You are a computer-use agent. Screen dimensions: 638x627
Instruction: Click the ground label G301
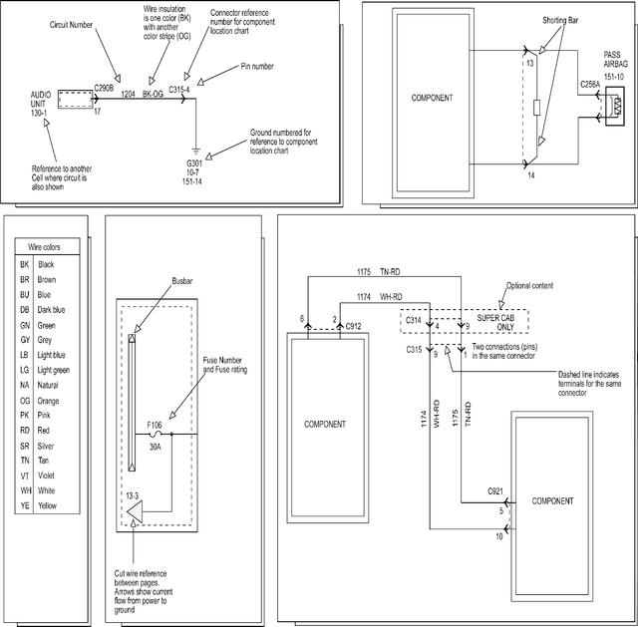[194, 163]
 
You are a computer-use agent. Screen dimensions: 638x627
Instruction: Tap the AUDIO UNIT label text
[41, 100]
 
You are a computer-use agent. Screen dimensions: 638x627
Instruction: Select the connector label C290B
[104, 89]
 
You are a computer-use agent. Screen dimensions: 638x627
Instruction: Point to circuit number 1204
[128, 94]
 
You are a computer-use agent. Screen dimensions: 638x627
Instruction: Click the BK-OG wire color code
[153, 94]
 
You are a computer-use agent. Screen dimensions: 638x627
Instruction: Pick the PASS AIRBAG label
[616, 60]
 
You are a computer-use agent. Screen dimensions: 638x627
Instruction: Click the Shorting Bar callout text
[560, 20]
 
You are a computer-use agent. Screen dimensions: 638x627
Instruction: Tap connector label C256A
[590, 84]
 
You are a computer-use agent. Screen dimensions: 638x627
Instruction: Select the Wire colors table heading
[44, 247]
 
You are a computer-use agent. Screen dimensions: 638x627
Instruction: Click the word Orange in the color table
[48, 401]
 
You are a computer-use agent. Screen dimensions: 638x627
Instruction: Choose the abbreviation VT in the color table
[25, 475]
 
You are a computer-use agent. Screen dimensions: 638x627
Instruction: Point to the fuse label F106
[155, 426]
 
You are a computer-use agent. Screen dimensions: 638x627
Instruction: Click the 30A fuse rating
[156, 447]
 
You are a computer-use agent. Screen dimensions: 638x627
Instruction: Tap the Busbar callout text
[181, 281]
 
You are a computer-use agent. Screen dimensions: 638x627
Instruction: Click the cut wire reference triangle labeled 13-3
[135, 511]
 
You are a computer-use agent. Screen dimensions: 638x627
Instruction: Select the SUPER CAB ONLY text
[495, 322]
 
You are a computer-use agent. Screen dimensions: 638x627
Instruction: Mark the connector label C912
[353, 326]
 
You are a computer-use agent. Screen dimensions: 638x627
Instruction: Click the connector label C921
[495, 491]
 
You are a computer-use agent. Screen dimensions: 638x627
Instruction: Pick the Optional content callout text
[529, 286]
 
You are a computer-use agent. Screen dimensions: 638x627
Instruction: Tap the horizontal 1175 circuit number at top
[364, 271]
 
